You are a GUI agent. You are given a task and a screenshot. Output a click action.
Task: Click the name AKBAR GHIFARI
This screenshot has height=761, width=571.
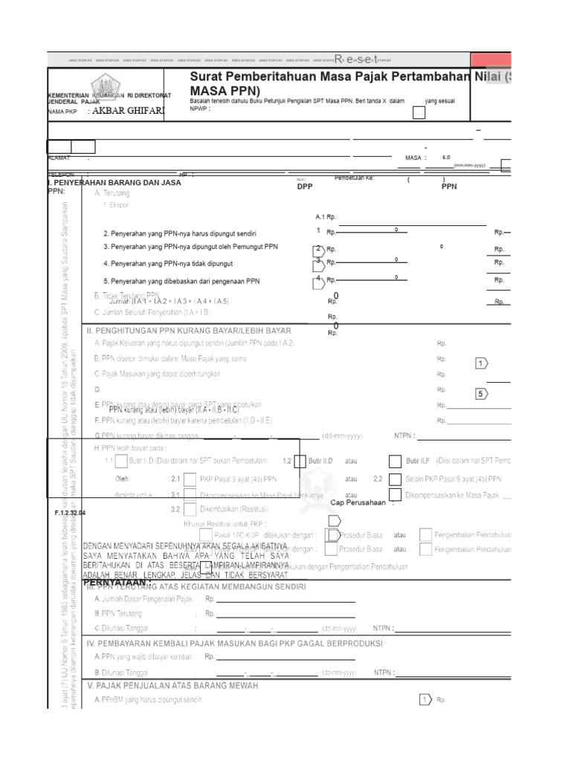point(125,111)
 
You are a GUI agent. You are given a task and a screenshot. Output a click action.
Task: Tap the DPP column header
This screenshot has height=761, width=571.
point(305,187)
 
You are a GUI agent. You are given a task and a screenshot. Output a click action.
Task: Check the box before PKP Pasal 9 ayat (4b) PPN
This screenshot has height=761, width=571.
point(190,479)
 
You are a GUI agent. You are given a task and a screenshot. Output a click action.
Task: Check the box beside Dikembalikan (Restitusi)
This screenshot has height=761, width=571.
point(190,509)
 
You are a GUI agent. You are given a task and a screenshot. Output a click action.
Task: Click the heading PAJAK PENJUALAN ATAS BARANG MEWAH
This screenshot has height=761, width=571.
point(172,685)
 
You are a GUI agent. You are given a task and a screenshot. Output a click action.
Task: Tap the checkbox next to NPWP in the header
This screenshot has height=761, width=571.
point(419,112)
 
